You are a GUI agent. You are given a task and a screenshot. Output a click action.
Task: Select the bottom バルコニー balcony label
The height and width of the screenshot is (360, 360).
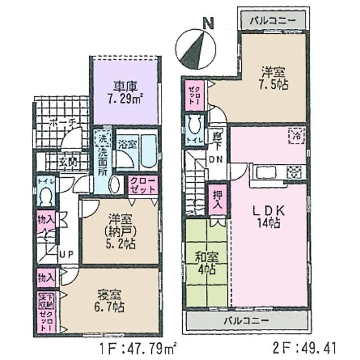[x=247, y=321]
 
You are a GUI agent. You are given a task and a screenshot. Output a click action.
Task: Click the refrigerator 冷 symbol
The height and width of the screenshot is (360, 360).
[x=296, y=134]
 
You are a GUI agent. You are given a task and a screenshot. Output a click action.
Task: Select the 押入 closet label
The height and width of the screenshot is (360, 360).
[x=217, y=199]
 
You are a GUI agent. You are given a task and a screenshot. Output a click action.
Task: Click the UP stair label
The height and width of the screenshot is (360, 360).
[x=66, y=255]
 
